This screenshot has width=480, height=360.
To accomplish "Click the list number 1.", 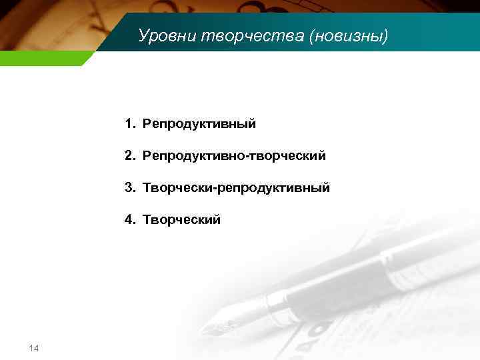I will point(128,124).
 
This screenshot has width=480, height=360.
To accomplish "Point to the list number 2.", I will point(128,156).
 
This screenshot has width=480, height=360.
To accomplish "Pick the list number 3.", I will point(128,188).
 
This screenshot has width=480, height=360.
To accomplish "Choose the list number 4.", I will point(128,219).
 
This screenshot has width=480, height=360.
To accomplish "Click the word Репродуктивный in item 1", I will point(199,124).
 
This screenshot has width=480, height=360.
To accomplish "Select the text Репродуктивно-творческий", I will point(233,156).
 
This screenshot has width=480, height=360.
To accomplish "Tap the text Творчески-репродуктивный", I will point(235,188).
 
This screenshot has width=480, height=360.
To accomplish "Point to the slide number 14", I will point(34,348).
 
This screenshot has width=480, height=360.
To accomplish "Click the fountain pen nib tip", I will point(206,332).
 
